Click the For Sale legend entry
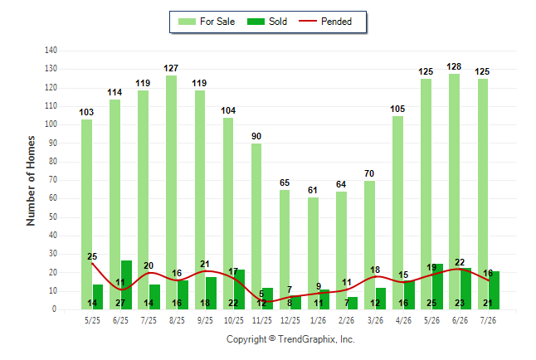[x=207, y=22]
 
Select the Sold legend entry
[x=267, y=22]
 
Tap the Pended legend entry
[x=325, y=22]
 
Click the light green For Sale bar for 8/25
[x=171, y=192]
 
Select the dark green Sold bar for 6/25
[x=126, y=285]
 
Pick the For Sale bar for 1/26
[x=313, y=253]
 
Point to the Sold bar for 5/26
[x=437, y=286]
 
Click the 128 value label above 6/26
[x=454, y=66]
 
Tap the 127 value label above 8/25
[x=171, y=68]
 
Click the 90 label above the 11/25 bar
[x=256, y=136]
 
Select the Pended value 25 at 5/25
[x=92, y=256]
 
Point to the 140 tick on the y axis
[x=51, y=51]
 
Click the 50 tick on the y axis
[x=52, y=217]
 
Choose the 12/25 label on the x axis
[x=290, y=320]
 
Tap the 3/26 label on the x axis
[x=375, y=320]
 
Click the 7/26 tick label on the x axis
[x=488, y=320]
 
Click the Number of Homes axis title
[x=31, y=181]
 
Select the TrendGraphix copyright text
[x=290, y=339]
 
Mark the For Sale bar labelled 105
[x=398, y=212]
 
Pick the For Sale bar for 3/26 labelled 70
[x=369, y=246]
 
